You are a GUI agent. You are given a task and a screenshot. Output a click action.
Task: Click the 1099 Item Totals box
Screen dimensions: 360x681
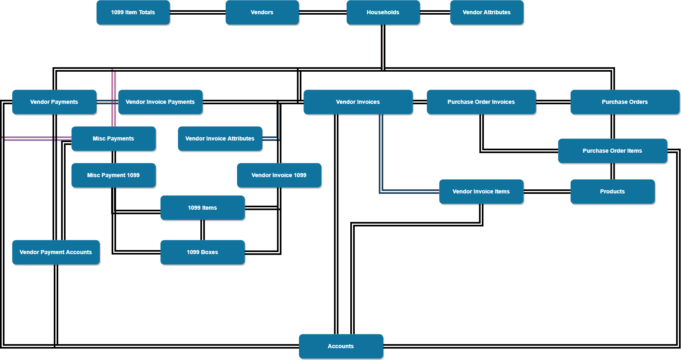click(x=133, y=12)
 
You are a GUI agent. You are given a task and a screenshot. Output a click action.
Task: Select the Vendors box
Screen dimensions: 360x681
click(x=262, y=12)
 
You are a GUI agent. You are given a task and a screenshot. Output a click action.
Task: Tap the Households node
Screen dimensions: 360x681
click(x=383, y=12)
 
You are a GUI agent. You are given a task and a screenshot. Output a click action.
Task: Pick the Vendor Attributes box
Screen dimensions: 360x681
click(x=486, y=12)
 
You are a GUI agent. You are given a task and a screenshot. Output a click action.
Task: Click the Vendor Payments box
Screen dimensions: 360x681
click(x=54, y=102)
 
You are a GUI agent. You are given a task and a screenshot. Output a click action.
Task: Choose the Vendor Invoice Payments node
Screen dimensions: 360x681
click(x=160, y=102)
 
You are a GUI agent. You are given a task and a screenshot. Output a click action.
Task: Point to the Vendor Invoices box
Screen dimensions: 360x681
click(x=358, y=102)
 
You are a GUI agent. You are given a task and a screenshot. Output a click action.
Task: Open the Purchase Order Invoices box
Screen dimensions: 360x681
click(x=481, y=102)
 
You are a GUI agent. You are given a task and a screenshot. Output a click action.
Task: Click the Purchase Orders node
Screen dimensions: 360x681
click(x=624, y=102)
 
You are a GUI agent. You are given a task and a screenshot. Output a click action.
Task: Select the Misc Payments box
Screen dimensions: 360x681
click(x=113, y=138)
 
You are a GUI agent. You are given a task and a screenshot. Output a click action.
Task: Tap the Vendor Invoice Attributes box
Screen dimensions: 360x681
click(x=220, y=138)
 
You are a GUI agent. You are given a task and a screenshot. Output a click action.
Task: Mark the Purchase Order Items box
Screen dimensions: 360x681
click(x=612, y=151)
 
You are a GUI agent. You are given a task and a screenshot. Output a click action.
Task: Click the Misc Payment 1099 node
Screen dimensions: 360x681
click(x=113, y=175)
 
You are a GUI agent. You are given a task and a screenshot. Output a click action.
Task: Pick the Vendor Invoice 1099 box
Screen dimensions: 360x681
click(x=279, y=175)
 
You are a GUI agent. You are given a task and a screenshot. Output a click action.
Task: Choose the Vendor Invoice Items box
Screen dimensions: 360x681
click(x=481, y=191)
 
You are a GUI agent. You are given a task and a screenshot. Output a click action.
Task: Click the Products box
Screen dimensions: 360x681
click(x=612, y=191)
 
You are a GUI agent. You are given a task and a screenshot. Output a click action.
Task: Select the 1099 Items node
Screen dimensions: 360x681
click(x=202, y=208)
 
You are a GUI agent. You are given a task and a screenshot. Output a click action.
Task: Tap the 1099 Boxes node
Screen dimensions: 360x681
click(x=202, y=252)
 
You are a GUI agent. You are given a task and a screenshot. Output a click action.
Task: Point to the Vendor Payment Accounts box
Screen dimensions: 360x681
click(x=56, y=252)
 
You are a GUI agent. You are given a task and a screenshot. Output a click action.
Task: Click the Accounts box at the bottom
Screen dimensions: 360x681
click(x=341, y=346)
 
